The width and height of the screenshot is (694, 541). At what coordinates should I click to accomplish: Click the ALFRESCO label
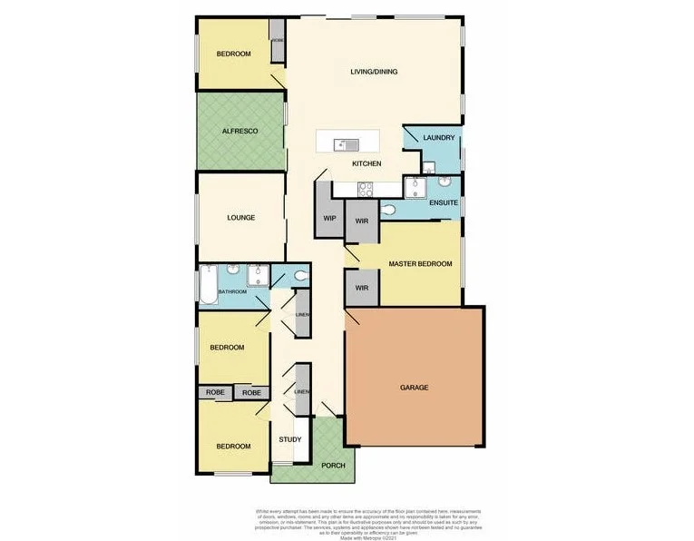pyautogui.click(x=240, y=132)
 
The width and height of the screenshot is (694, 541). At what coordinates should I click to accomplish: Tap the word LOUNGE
pyautogui.click(x=240, y=218)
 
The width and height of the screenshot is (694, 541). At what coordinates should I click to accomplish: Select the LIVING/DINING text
pyautogui.click(x=374, y=72)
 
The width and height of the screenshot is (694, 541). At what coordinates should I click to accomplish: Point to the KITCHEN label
pyautogui.click(x=367, y=163)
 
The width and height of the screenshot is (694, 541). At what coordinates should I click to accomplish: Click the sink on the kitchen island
pyautogui.click(x=346, y=143)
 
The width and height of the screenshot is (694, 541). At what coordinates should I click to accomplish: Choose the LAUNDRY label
pyautogui.click(x=439, y=138)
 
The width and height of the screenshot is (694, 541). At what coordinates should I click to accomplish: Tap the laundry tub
pyautogui.click(x=429, y=166)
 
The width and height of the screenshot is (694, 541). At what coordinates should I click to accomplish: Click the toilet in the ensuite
pyautogui.click(x=388, y=211)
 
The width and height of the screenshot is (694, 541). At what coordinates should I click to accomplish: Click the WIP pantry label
pyautogui.click(x=329, y=218)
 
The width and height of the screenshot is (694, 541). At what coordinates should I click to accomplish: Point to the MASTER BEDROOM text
pyautogui.click(x=420, y=263)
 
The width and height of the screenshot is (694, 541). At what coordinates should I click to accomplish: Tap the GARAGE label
pyautogui.click(x=414, y=388)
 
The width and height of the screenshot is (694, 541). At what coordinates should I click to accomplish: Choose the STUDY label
pyautogui.click(x=290, y=439)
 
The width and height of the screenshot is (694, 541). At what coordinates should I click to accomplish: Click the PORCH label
pyautogui.click(x=334, y=466)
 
